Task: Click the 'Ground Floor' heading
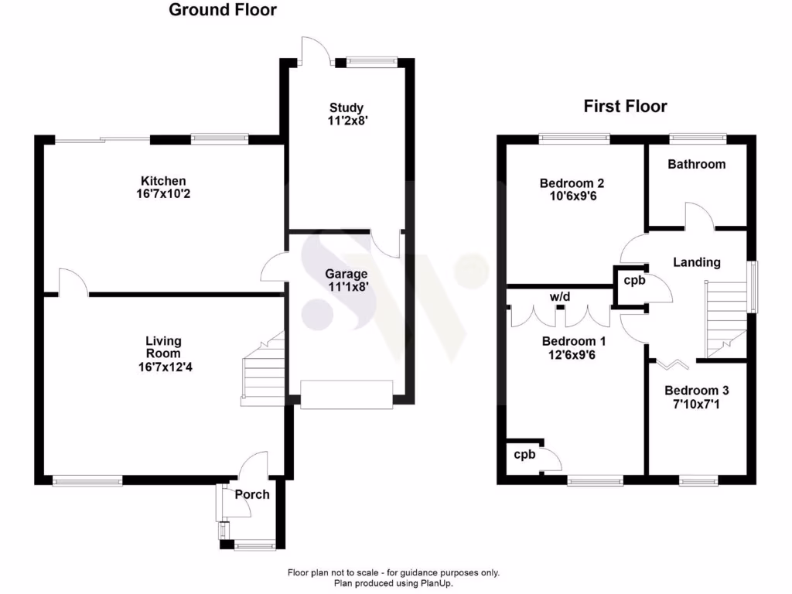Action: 222,10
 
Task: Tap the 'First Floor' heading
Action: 625,106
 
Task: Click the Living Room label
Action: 163,347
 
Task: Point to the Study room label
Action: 346,108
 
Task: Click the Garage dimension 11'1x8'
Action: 346,288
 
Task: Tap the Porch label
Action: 252,494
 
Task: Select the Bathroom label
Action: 696,164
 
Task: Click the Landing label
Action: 696,262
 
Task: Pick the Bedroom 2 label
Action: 572,183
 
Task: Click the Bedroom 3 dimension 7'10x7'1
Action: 696,404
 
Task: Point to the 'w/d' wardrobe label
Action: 560,296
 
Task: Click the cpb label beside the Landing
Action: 634,281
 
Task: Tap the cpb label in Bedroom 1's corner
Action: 524,455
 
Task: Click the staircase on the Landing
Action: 724,317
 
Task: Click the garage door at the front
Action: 346,394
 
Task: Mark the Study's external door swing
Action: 316,50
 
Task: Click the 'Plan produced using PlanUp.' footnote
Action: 393,583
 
